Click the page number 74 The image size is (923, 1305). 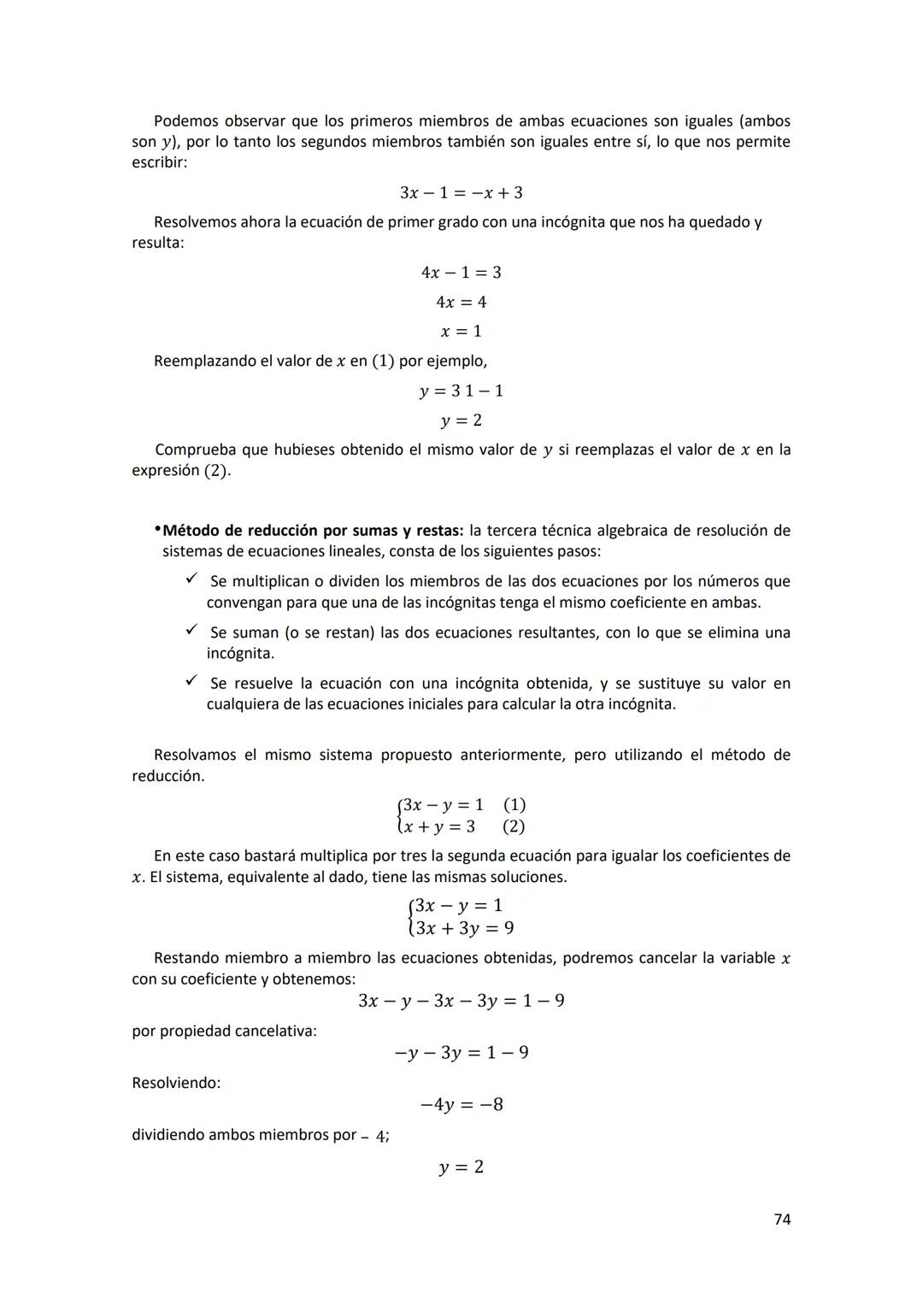coord(781,1220)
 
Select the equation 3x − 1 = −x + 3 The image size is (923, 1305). coord(461,193)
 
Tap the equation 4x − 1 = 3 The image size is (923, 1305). coord(461,273)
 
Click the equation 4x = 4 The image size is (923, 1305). coord(461,302)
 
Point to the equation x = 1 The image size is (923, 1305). coord(461,331)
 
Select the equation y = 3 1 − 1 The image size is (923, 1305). coord(461,391)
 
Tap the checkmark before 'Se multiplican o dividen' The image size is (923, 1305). coord(191,580)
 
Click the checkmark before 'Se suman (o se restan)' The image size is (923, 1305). coord(191,632)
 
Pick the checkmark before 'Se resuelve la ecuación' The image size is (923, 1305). coord(191,682)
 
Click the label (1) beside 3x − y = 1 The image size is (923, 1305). coord(514,805)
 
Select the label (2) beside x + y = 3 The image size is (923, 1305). coord(514,826)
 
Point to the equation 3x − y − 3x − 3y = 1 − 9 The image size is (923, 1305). coord(461,1001)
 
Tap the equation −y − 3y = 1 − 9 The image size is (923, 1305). coord(461,1053)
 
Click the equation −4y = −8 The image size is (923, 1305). coord(461,1105)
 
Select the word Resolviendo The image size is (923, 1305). coord(175,1083)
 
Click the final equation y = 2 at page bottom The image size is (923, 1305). coord(461,1167)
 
